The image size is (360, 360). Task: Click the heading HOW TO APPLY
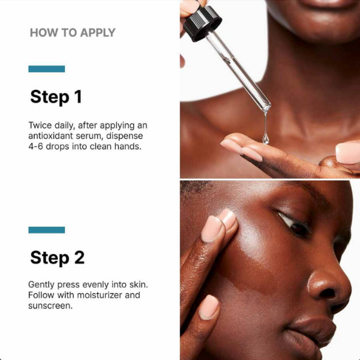pyautogui.click(x=72, y=32)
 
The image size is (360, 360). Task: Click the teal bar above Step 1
pyautogui.click(x=46, y=69)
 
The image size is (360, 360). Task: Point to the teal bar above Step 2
pyautogui.click(x=46, y=230)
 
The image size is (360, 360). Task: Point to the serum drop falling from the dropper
pyautogui.click(x=265, y=139)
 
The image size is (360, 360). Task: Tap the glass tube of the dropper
pyautogui.click(x=240, y=72)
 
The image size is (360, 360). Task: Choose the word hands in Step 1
pyautogui.click(x=128, y=146)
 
